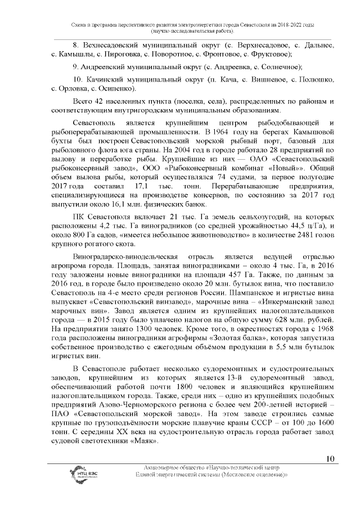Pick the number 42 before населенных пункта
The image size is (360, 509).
[x=101, y=101]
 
